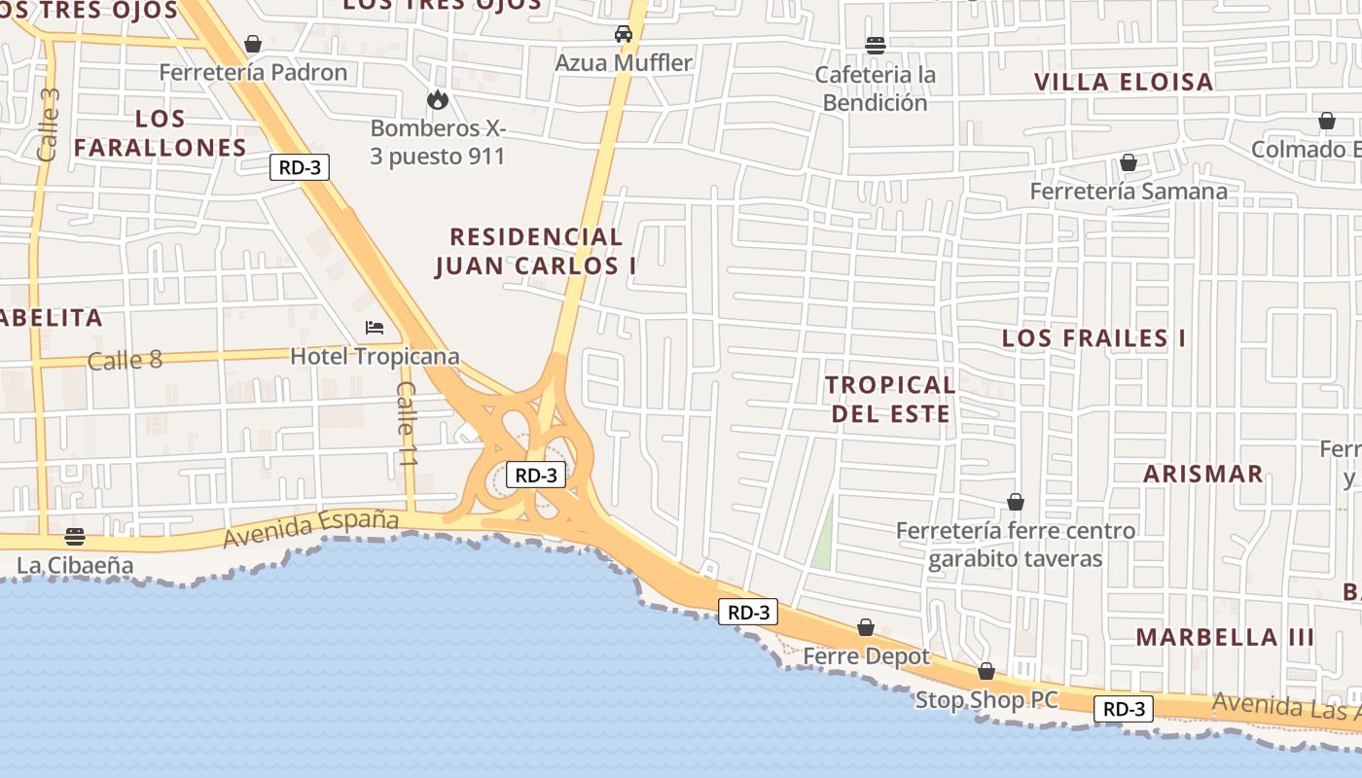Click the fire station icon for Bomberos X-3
click(437, 99)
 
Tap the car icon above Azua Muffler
click(624, 34)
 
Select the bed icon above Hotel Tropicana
click(375, 328)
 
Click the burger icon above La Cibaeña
click(75, 537)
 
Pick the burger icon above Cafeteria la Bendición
click(876, 45)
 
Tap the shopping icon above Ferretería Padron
click(253, 44)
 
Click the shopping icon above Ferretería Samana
click(1129, 162)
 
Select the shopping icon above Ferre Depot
click(866, 628)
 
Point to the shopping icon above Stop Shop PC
click(986, 672)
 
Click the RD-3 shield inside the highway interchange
click(536, 476)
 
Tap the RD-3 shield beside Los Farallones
click(300, 167)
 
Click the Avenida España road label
click(311, 529)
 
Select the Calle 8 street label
click(125, 361)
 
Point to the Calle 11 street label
click(407, 424)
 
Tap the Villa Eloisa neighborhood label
click(1124, 82)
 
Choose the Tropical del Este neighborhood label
click(890, 399)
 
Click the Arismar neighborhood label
click(1202, 475)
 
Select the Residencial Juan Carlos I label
click(536, 251)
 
